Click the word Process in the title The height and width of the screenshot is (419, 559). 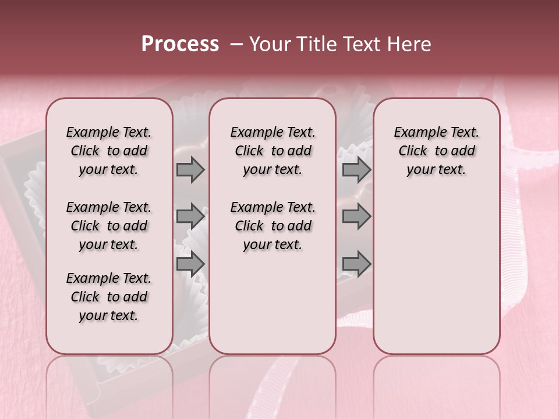[x=180, y=44]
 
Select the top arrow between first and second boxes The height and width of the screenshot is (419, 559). [x=190, y=170]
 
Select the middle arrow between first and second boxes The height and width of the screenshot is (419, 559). [x=190, y=216]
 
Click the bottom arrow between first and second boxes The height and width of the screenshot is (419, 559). [x=190, y=264]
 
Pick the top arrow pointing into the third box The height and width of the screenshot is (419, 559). [x=356, y=170]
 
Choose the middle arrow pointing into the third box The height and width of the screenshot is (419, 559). [x=356, y=216]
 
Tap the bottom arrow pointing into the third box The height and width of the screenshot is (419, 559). [x=356, y=264]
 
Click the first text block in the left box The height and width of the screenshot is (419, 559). [x=109, y=151]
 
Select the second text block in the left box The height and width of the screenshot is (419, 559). [x=109, y=226]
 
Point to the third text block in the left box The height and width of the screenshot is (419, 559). [x=109, y=297]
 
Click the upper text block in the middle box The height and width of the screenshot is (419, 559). [x=273, y=151]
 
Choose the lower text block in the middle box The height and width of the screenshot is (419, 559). [x=273, y=226]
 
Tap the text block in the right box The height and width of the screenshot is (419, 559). [x=436, y=151]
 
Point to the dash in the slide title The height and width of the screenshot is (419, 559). [x=236, y=44]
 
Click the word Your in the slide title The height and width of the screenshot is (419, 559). [x=270, y=44]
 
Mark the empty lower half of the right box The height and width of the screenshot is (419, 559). [x=436, y=279]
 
